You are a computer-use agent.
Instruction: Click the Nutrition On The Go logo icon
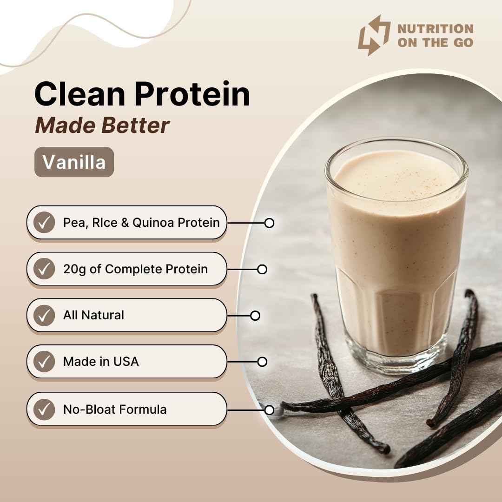point(374,35)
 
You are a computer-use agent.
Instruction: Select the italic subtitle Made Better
point(102,125)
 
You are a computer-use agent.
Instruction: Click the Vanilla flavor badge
point(74,162)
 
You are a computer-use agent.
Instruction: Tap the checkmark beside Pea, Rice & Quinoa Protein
point(44,223)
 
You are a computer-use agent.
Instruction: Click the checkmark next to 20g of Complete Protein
point(44,269)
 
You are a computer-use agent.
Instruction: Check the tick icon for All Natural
point(44,315)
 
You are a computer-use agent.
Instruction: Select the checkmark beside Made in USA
point(44,362)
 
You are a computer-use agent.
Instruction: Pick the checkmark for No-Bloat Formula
point(44,410)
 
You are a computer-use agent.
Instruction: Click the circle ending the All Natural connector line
point(255,316)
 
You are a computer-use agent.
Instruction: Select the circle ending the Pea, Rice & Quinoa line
point(269,223)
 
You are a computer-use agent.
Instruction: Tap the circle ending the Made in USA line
point(262,362)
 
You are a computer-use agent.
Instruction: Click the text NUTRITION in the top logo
point(435,29)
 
